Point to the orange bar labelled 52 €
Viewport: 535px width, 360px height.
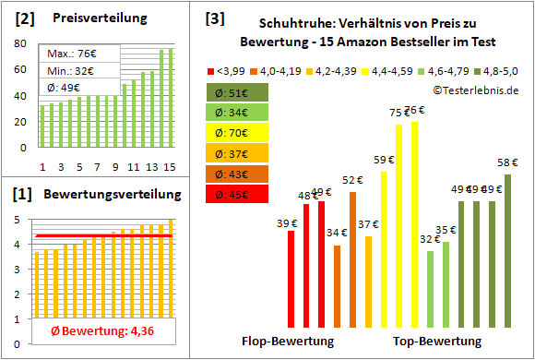click(353, 259)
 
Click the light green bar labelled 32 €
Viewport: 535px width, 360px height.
click(430, 289)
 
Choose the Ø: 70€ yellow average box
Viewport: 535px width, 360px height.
click(237, 132)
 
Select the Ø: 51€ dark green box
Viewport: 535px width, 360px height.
click(237, 91)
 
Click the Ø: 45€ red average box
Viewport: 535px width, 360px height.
click(237, 194)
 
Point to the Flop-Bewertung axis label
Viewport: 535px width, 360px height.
click(289, 342)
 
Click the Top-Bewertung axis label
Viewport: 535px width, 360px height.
click(437, 342)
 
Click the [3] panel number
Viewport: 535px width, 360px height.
click(214, 18)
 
